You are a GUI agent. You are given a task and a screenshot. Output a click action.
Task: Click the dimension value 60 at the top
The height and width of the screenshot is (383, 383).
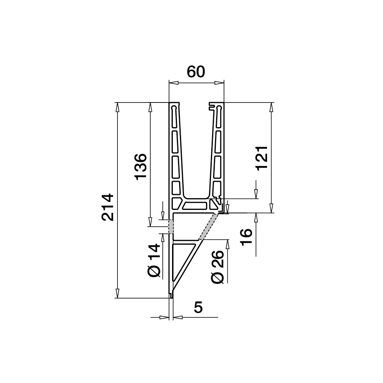point(196,71)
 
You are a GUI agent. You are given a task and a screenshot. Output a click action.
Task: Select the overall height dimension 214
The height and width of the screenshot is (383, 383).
point(107,207)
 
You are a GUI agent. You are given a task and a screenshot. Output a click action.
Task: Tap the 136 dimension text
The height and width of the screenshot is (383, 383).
point(141,166)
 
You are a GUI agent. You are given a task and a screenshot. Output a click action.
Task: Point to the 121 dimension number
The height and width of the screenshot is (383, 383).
point(262,157)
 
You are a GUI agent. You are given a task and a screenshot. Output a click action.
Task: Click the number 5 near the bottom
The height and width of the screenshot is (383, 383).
point(198,307)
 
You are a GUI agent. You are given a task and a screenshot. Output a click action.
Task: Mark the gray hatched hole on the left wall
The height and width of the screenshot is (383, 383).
point(171,226)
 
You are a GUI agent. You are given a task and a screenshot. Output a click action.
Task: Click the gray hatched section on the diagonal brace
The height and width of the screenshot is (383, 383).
point(208,226)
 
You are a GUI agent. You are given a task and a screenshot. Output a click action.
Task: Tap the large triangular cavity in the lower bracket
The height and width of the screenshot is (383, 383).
point(182,262)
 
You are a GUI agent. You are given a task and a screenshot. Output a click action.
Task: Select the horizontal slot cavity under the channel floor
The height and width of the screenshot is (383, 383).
point(195,205)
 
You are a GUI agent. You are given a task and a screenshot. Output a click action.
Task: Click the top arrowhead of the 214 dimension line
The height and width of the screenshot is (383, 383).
point(117,107)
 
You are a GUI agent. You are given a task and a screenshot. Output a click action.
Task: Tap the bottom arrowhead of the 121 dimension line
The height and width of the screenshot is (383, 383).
point(272,208)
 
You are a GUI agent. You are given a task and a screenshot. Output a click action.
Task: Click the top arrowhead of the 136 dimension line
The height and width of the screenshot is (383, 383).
point(150,107)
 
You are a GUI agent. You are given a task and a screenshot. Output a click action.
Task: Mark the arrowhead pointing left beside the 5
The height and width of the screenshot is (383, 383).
point(178,318)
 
